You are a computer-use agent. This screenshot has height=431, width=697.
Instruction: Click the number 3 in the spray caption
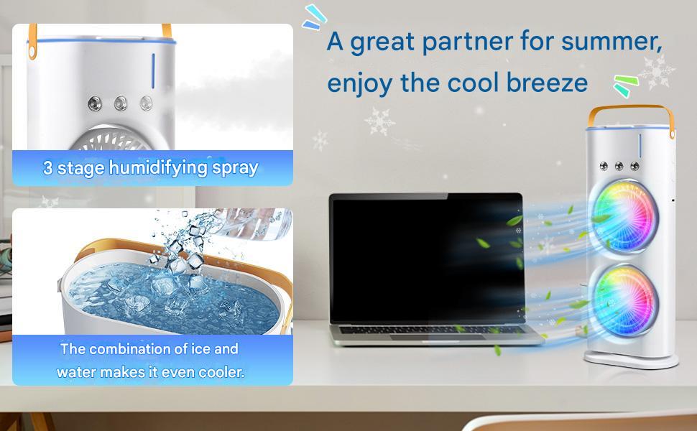point(47,169)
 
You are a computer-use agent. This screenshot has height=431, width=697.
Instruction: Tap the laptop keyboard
point(430,332)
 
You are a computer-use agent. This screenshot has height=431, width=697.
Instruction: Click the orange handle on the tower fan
point(632,115)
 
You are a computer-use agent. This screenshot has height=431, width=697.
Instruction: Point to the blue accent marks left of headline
point(313,18)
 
